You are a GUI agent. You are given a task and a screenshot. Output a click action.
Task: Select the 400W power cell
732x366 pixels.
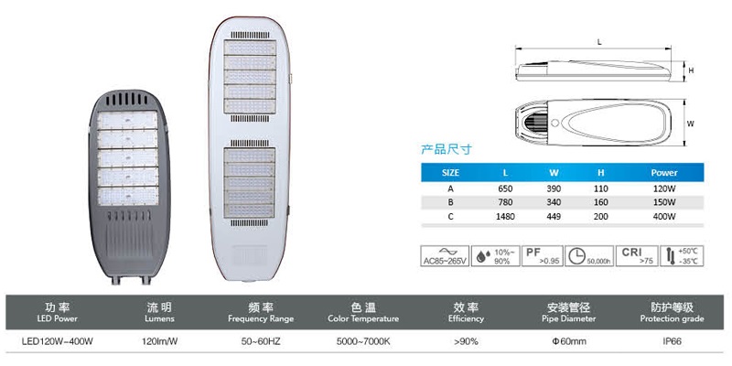tap(663, 216)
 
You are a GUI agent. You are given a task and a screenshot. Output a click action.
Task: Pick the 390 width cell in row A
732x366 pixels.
tap(554, 188)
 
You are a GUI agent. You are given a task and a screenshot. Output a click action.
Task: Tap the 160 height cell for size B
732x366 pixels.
tap(601, 202)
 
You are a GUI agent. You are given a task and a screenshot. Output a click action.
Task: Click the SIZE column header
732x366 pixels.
tap(450, 172)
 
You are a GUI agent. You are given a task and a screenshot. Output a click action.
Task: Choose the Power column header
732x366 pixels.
tap(663, 172)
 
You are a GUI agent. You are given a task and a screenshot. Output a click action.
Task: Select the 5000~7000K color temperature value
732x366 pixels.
tap(362, 341)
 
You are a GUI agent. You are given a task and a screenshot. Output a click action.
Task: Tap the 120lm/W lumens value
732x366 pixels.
tap(157, 341)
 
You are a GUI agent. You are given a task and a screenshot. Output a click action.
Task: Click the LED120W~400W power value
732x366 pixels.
tap(58, 341)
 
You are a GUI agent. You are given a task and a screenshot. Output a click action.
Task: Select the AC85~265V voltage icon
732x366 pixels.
tap(445, 254)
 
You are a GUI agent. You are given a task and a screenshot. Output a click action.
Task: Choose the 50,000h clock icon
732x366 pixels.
tap(588, 254)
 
